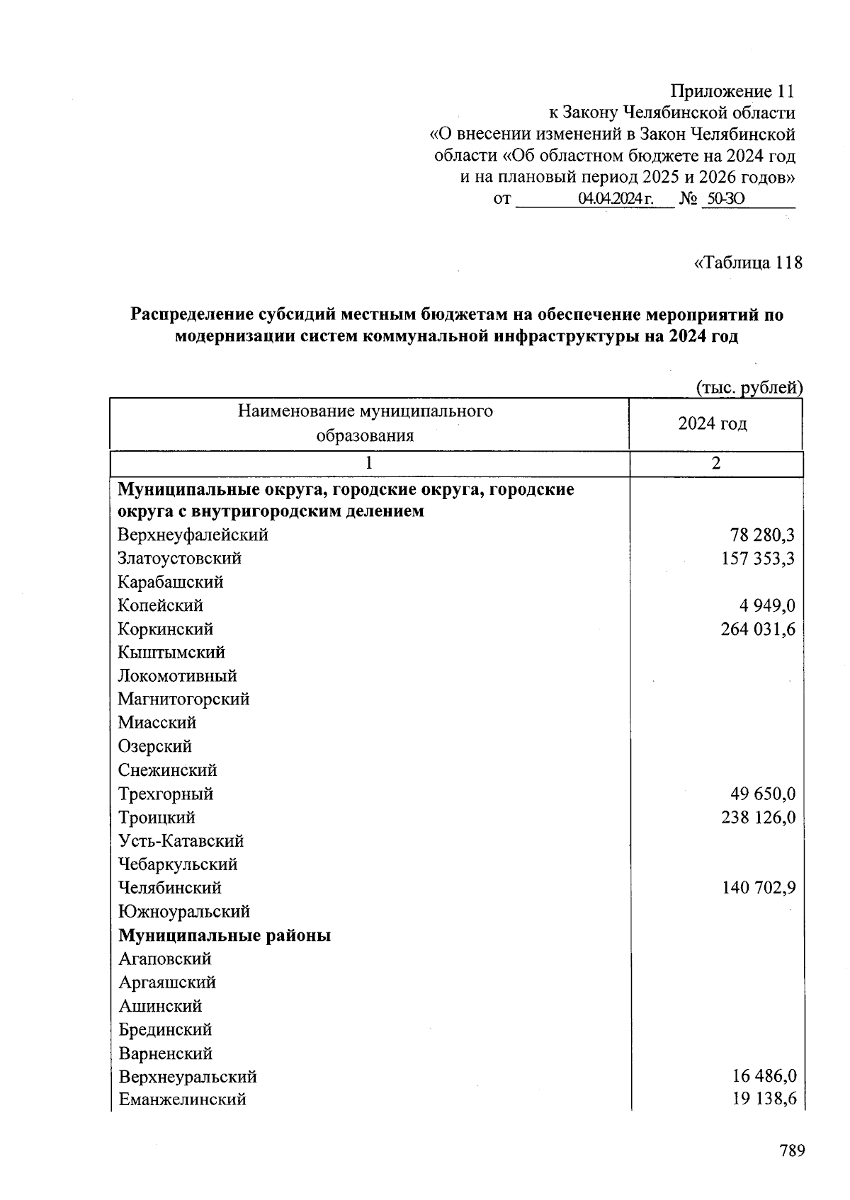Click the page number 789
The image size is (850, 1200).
tap(792, 1150)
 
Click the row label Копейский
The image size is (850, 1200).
tap(160, 605)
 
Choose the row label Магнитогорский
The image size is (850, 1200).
tap(183, 699)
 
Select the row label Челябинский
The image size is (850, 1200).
tap(169, 888)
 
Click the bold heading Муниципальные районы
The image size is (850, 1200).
tap(225, 935)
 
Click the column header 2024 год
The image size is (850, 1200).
tap(712, 423)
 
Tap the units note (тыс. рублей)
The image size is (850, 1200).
tap(749, 387)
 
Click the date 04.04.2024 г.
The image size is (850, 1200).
tap(615, 199)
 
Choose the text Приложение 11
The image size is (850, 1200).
tap(732, 91)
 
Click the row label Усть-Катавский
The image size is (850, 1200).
tap(181, 841)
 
